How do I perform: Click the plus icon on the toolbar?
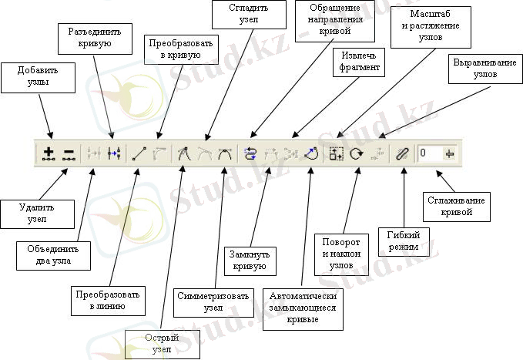(49, 153)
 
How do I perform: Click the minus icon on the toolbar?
(69, 153)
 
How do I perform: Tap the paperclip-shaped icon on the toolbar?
(401, 153)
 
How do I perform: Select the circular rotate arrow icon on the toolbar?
(357, 153)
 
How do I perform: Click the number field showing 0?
(428, 153)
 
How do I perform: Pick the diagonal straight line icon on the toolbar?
(139, 153)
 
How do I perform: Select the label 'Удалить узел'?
(38, 213)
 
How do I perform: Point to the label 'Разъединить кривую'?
(90, 37)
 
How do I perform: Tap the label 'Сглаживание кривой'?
(455, 206)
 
